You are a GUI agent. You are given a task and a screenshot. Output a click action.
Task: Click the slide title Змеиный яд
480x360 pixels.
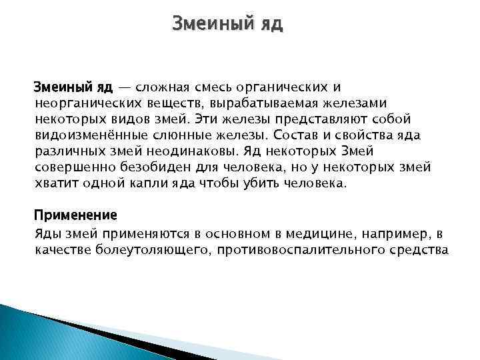click(x=227, y=25)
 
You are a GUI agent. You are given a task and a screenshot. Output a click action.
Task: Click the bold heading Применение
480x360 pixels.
click(x=75, y=215)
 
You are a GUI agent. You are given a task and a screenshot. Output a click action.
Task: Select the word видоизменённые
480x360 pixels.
click(x=84, y=135)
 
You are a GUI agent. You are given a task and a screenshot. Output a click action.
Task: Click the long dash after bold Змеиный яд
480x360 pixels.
click(x=125, y=87)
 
